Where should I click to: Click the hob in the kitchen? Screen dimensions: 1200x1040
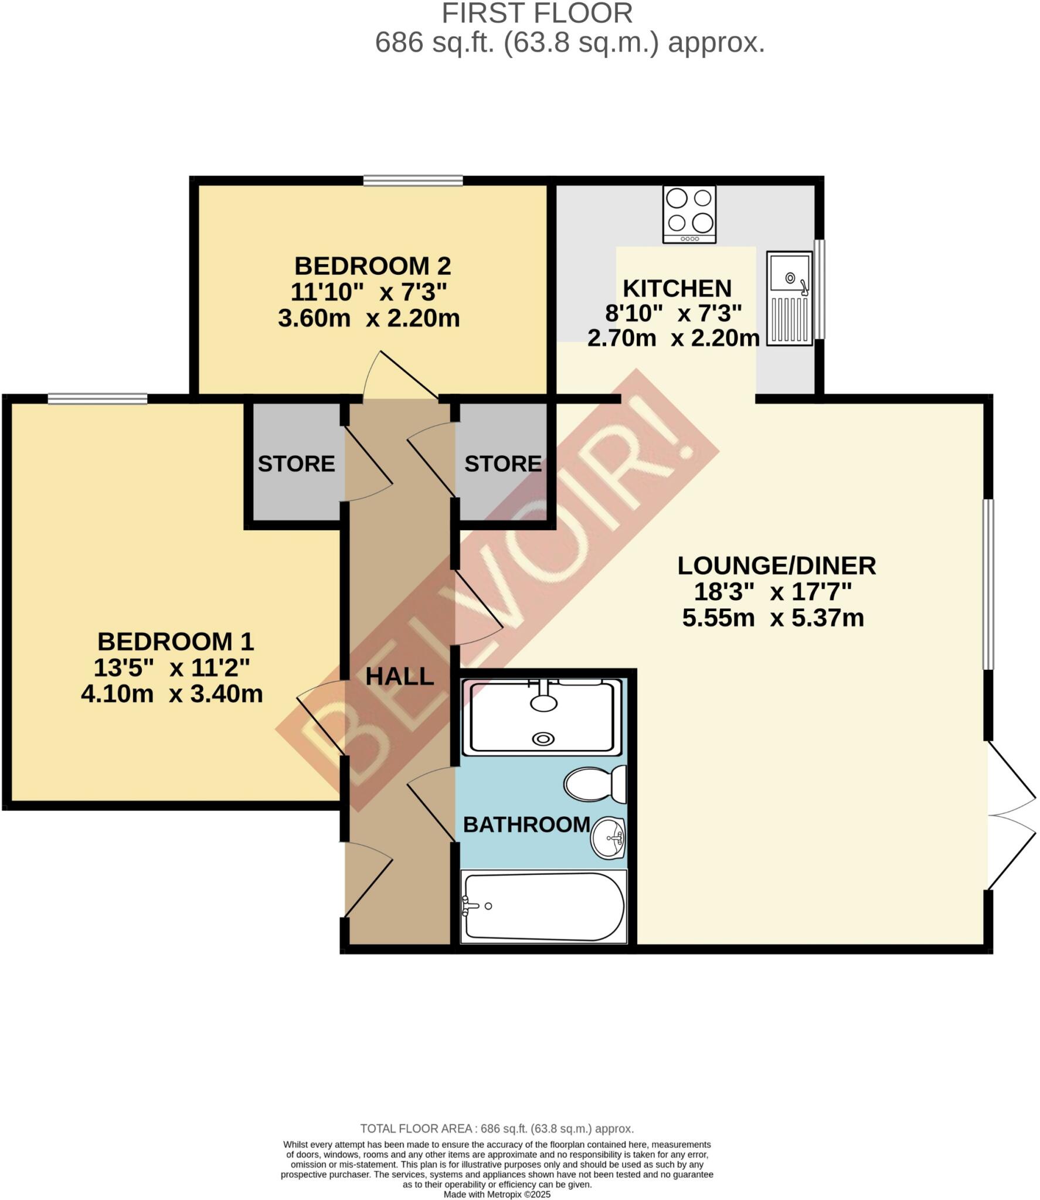pyautogui.click(x=689, y=214)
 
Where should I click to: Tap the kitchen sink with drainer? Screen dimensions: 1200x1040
pyautogui.click(x=789, y=298)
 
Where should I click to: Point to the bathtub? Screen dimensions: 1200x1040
pyautogui.click(x=543, y=906)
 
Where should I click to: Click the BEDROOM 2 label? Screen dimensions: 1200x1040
pyautogui.click(x=372, y=266)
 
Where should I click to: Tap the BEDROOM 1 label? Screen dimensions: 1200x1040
pyautogui.click(x=175, y=642)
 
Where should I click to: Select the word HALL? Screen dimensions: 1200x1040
pyautogui.click(x=399, y=677)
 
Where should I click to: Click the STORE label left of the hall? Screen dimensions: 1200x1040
pyautogui.click(x=296, y=464)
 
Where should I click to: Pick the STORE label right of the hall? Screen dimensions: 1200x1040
pyautogui.click(x=503, y=464)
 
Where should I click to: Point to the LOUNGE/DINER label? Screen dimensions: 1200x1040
pyautogui.click(x=776, y=565)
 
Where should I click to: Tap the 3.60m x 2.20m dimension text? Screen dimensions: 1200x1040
pyautogui.click(x=368, y=318)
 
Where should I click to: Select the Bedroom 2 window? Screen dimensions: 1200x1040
pyautogui.click(x=413, y=180)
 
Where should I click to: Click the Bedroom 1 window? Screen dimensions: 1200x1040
pyautogui.click(x=97, y=399)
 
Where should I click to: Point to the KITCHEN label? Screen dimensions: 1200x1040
pyautogui.click(x=677, y=288)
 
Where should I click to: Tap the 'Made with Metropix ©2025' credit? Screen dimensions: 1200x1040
pyautogui.click(x=497, y=1194)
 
